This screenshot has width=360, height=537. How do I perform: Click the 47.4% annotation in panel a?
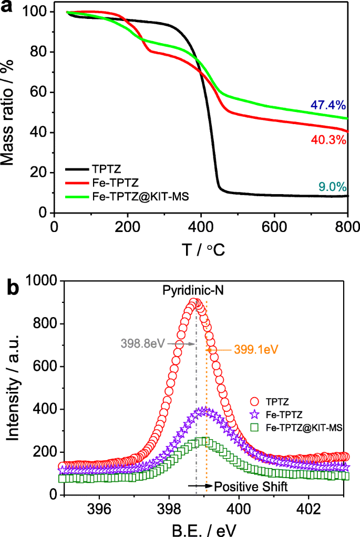coord(330,105)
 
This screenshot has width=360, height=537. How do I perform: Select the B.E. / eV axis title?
coord(202,527)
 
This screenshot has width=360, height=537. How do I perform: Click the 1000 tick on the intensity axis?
coord(42,282)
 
